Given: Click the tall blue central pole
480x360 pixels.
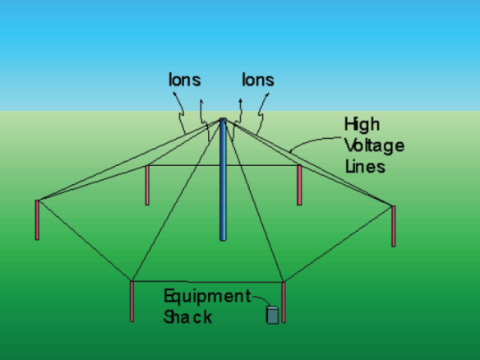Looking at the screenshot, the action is point(224,179).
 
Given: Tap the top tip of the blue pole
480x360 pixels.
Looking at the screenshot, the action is point(224,118).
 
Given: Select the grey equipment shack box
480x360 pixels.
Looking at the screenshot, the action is point(272,315).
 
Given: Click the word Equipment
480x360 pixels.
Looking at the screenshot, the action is point(208,297).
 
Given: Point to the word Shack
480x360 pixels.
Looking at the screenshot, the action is point(187,316).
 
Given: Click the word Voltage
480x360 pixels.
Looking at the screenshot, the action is point(375,145).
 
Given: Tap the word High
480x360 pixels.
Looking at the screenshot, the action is point(362,125).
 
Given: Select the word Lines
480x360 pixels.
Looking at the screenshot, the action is point(365,167).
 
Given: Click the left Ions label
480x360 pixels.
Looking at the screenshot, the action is point(185,80).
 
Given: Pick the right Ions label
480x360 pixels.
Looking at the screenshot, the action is point(258,80).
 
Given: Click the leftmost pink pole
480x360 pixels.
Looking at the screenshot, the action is point(37,219).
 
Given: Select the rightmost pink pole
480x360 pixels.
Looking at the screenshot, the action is point(394,226).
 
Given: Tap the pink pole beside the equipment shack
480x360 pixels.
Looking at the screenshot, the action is point(284,302).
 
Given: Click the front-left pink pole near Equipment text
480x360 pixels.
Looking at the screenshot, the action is point(132,301).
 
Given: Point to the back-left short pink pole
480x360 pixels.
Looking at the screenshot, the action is point(147,185).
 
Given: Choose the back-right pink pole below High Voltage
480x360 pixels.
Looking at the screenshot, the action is point(299,185).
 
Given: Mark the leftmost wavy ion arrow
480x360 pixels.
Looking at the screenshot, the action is point(181,114).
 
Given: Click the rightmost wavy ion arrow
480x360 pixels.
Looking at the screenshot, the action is point(261,114).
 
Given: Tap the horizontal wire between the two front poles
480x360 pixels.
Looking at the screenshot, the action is point(208,282).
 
